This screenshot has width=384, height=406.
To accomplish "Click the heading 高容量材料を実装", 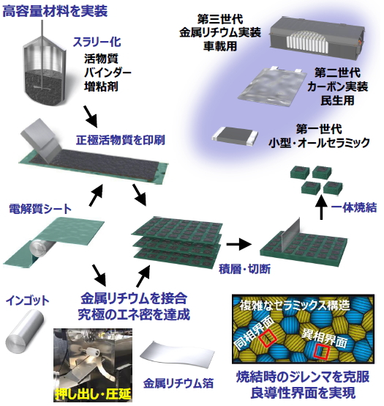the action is (55, 12).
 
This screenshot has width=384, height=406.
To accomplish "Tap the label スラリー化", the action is (97, 42).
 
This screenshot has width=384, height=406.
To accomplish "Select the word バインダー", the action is (108, 73).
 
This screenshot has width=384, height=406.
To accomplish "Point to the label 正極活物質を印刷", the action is (121, 140).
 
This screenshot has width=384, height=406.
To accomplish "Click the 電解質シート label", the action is (40, 209).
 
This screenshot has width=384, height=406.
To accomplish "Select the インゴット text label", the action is (27, 300).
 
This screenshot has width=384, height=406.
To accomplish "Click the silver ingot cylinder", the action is (25, 331).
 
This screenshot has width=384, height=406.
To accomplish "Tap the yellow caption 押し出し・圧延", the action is (93, 394).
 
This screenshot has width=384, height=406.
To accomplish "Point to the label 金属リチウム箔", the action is (178, 383).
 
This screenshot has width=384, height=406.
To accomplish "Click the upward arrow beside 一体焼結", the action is (321, 207).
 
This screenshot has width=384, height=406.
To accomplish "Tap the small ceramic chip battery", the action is (235, 135).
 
